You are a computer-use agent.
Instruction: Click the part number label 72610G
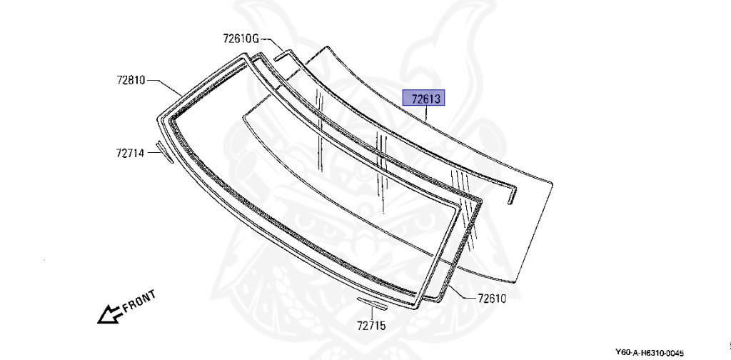click(240, 39)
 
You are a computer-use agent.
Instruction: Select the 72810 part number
click(131, 80)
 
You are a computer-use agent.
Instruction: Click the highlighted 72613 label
click(424, 99)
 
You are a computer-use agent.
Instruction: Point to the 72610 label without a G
click(491, 298)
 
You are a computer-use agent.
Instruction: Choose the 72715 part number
click(371, 325)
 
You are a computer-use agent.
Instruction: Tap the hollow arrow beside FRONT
click(109, 314)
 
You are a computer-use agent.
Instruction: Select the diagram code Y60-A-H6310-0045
click(649, 353)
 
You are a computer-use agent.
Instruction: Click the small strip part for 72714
click(164, 152)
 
